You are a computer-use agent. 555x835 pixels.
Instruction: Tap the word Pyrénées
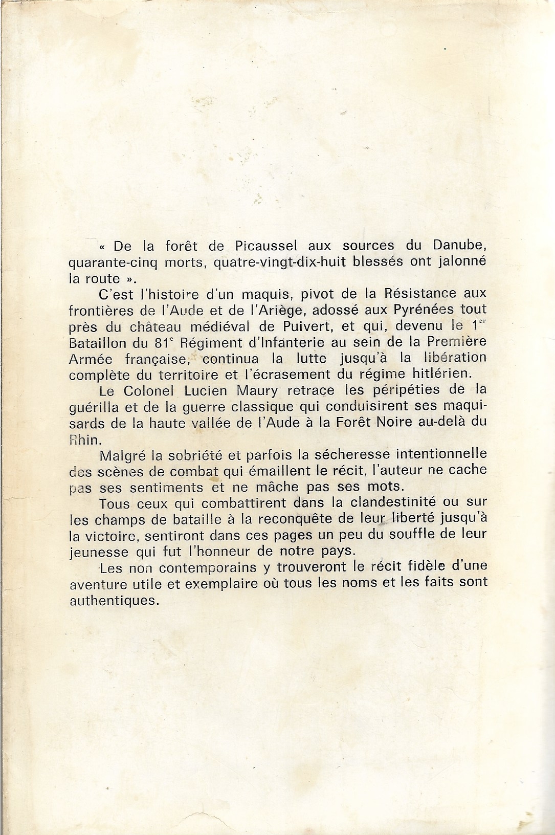click(x=415, y=310)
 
